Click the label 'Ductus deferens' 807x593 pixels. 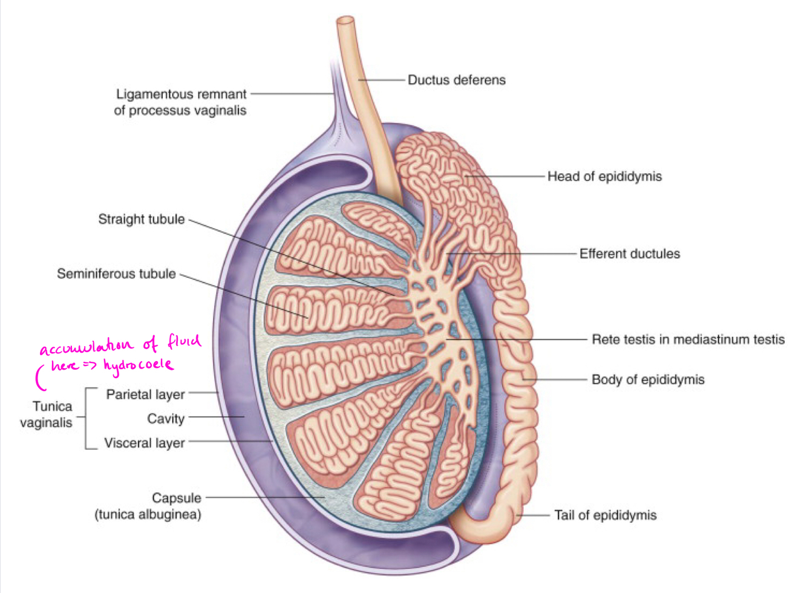click(456, 80)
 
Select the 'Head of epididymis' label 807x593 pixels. click(604, 177)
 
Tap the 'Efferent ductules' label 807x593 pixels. click(629, 254)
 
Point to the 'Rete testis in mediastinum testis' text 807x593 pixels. click(688, 339)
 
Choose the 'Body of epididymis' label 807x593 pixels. click(648, 380)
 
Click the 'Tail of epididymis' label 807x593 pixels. click(605, 516)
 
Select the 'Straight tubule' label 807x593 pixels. click(142, 220)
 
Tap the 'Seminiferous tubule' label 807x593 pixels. click(116, 274)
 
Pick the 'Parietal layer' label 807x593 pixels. click(145, 395)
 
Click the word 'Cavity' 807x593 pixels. click(165, 419)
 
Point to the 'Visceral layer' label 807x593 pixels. click(144, 443)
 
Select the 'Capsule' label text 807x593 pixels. click(176, 498)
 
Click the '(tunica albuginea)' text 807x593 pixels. click(148, 514)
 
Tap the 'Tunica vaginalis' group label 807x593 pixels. click(47, 414)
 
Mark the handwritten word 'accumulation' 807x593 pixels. click(86, 347)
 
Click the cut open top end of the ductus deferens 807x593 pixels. click(345, 21)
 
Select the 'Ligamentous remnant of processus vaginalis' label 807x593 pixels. click(180, 102)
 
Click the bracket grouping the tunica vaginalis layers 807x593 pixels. click(88, 418)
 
